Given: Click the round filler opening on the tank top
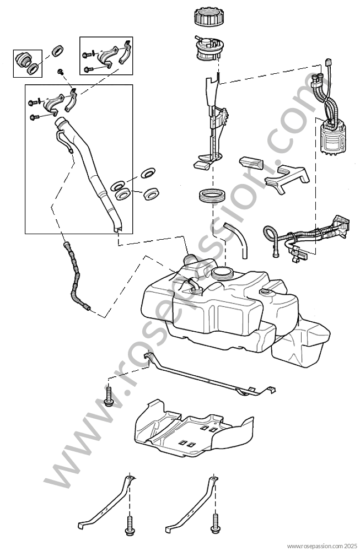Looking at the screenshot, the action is coord(222,273).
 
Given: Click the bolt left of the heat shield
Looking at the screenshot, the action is coord(109,396).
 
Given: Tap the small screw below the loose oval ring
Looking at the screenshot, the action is coord(61,72).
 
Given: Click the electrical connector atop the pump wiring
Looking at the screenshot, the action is coord(329,63).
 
